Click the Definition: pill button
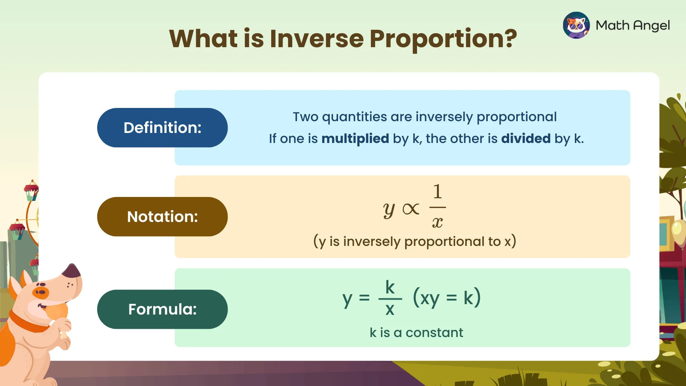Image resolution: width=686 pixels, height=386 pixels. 162,128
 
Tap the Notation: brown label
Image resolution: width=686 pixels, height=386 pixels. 162,217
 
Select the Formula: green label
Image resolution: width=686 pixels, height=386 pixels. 162,309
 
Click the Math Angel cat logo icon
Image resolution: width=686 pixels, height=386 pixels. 576,25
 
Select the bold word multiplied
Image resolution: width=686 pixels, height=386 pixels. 355,139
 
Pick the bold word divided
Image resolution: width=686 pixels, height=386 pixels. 526,139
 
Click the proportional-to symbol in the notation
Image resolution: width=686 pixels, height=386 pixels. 411,209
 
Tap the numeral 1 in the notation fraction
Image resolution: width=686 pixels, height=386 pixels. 437,192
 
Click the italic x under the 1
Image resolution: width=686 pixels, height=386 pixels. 437,223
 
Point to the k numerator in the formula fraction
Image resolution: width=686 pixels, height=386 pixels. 390,287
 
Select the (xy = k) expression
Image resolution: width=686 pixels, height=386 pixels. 447,298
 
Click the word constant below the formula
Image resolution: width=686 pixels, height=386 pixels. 434,333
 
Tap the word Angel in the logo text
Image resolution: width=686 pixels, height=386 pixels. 651,26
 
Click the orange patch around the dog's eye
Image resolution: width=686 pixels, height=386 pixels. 41,292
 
